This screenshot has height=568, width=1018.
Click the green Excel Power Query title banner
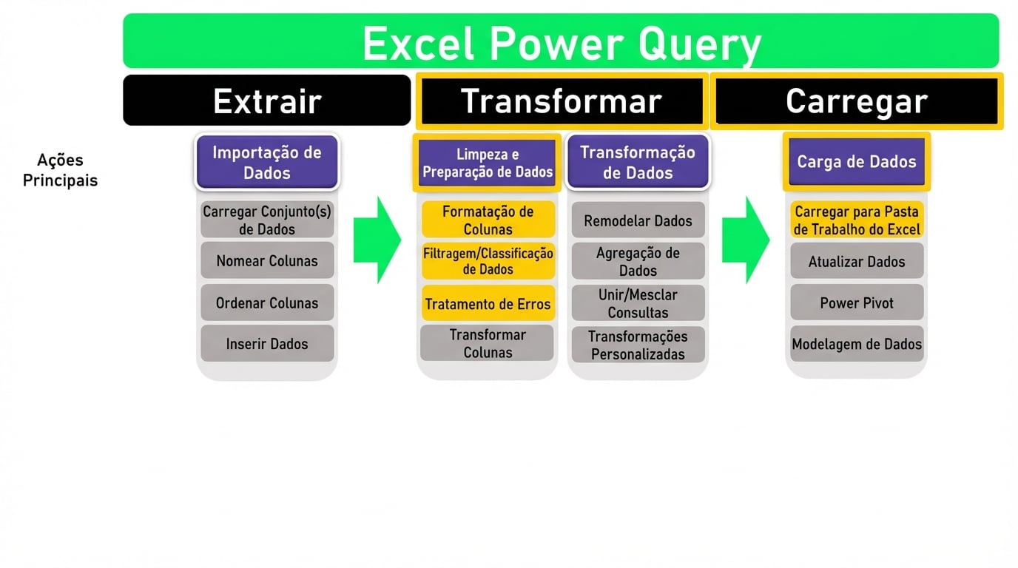[560, 41]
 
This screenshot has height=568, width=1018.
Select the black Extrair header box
[266, 101]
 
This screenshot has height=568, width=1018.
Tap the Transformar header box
[560, 101]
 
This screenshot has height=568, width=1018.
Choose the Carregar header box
[856, 101]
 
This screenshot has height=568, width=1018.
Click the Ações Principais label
[60, 170]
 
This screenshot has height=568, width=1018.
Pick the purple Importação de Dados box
[266, 162]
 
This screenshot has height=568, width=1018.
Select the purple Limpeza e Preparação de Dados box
[488, 163]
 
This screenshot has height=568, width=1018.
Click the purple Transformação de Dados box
[637, 162]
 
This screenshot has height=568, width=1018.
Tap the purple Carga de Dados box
[856, 162]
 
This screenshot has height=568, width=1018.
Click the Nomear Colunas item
[266, 260]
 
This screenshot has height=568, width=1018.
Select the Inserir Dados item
[266, 343]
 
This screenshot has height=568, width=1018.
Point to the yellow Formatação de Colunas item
[488, 220]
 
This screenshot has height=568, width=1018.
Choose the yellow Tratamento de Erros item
[488, 303]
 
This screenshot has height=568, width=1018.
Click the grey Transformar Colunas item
[487, 343]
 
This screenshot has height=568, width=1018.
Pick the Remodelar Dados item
[637, 220]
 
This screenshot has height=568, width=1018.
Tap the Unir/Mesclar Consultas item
[637, 303]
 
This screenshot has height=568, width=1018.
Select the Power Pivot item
[856, 302]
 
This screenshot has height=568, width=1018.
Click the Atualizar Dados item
[856, 261]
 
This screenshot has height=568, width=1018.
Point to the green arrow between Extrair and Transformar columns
[377, 240]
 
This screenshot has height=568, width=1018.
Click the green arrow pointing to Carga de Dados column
[745, 240]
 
